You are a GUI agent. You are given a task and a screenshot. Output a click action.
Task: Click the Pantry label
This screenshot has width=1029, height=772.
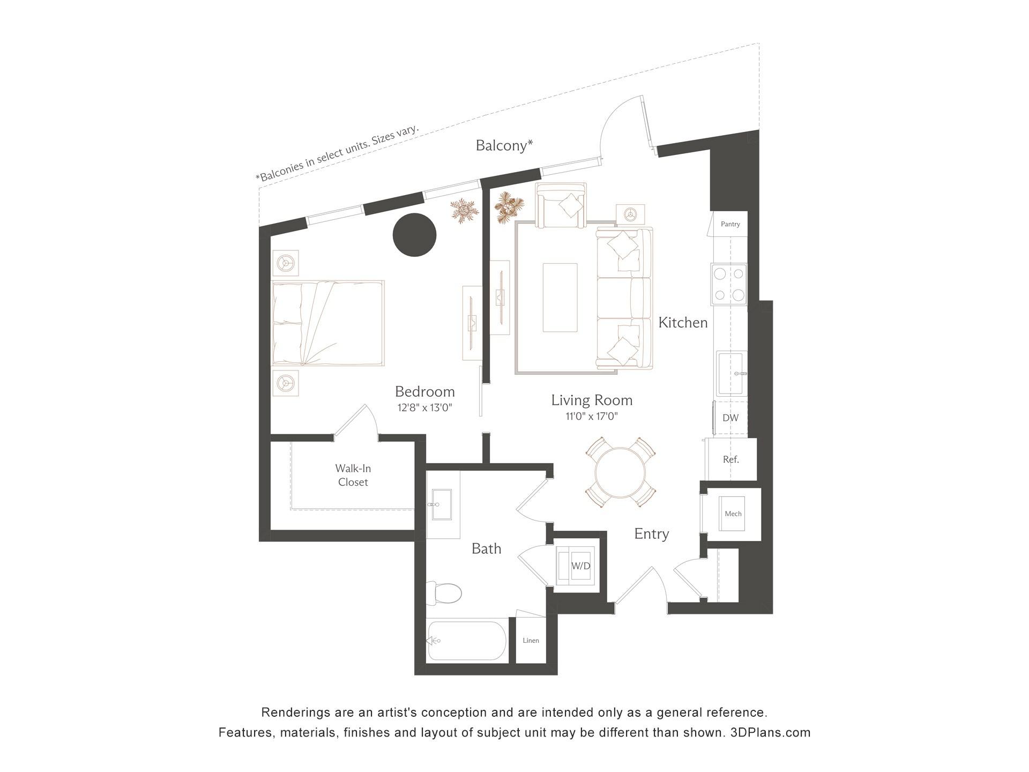[x=730, y=224]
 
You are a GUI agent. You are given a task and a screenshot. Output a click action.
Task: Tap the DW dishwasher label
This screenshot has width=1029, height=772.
[x=730, y=418]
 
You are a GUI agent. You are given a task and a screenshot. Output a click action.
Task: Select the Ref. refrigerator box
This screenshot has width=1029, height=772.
[x=730, y=459]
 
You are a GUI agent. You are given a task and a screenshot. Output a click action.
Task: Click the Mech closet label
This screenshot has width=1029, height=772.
[x=733, y=514]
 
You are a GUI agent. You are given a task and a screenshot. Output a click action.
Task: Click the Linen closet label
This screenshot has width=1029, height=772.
[x=531, y=640]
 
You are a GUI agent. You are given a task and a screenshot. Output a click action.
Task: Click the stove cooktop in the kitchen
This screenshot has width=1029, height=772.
[x=729, y=284]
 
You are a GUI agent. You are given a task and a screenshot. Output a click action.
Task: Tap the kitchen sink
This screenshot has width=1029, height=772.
[x=732, y=374]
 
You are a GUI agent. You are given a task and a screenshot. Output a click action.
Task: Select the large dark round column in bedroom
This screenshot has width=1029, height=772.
[x=414, y=235]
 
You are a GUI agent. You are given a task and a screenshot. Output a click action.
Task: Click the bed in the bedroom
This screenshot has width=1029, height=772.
[x=328, y=323]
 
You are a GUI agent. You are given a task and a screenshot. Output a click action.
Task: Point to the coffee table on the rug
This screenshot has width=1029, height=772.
[x=560, y=298]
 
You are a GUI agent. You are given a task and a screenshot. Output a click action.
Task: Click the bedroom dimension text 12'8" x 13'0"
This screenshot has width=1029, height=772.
[x=424, y=407]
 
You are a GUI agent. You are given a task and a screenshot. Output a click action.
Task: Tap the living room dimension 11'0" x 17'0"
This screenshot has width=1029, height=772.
[x=592, y=416]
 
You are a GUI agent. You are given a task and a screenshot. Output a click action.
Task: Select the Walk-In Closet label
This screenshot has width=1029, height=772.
[x=353, y=475]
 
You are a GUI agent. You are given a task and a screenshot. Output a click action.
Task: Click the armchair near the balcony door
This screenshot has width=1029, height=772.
[x=562, y=206]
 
